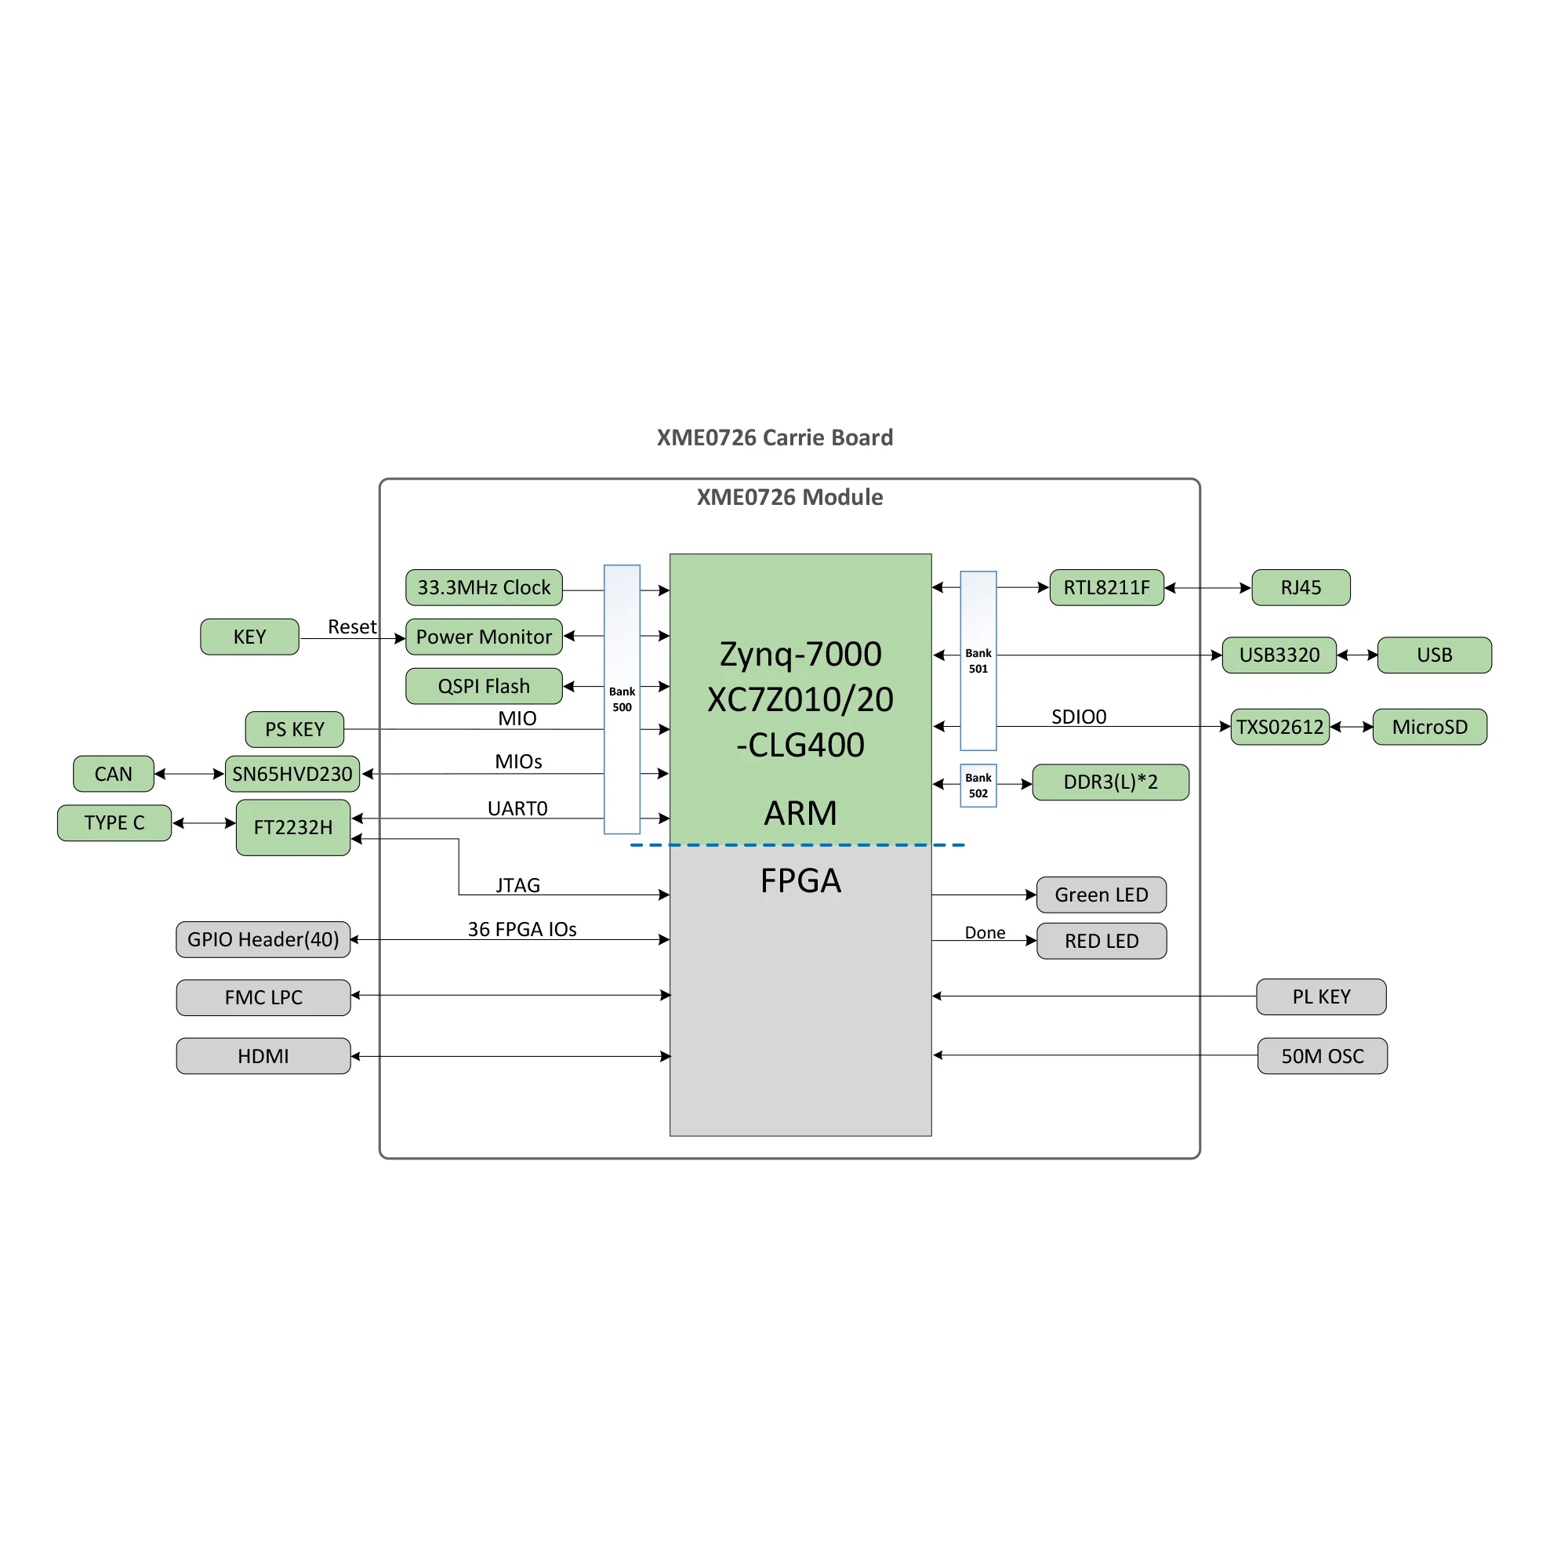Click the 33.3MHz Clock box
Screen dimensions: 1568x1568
click(x=484, y=587)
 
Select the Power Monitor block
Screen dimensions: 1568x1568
click(x=484, y=637)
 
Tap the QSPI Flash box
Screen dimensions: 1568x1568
click(x=484, y=687)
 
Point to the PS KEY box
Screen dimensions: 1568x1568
click(x=295, y=730)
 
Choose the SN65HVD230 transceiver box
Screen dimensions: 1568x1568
click(x=292, y=775)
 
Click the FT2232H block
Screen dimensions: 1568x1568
click(x=293, y=828)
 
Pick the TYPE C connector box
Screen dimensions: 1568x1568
click(x=114, y=823)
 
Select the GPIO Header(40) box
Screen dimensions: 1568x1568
click(x=263, y=940)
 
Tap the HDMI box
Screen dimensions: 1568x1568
click(x=263, y=1057)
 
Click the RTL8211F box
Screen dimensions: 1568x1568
click(x=1107, y=587)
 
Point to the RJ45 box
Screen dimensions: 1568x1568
click(x=1301, y=587)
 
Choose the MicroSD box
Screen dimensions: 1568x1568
click(x=1430, y=728)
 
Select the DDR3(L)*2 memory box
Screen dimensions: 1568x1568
click(x=1110, y=782)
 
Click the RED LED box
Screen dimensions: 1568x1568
click(x=1102, y=942)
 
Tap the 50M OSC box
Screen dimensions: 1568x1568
click(x=1322, y=1057)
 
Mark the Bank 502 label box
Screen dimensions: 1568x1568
click(x=978, y=786)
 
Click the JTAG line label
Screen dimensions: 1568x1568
click(x=517, y=885)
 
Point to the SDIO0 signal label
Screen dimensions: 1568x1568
click(x=1079, y=717)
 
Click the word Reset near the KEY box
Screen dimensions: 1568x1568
click(x=351, y=626)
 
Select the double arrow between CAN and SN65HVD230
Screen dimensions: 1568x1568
click(x=189, y=775)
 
